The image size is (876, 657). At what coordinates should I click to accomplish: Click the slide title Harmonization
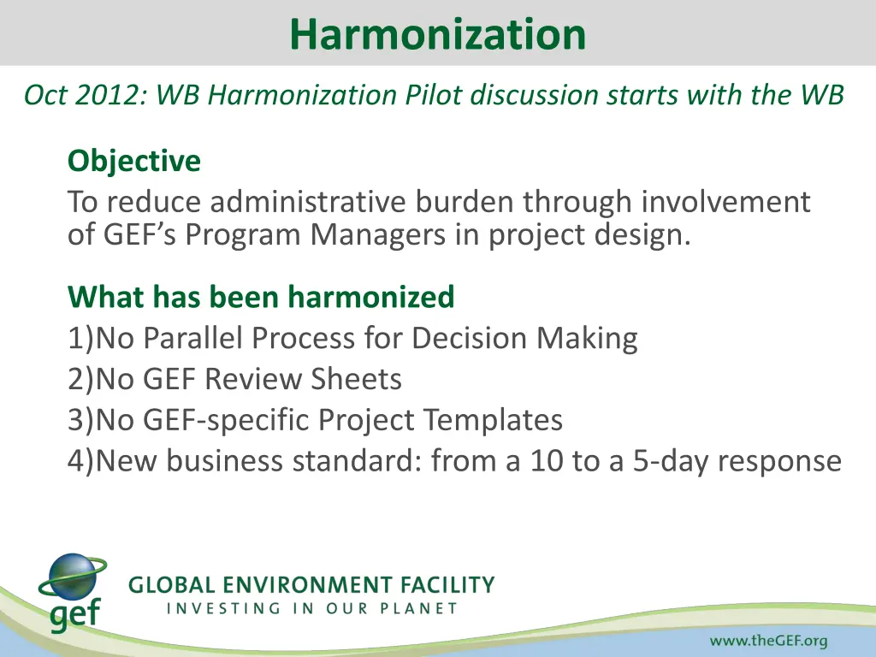(437, 34)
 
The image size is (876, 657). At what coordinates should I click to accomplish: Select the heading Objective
(134, 161)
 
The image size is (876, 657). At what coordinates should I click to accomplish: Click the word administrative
(311, 203)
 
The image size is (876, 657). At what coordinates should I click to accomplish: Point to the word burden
(466, 203)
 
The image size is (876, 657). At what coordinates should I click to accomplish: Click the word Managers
(372, 234)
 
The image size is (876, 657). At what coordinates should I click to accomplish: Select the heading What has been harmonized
(261, 297)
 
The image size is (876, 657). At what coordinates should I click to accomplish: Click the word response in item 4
(779, 461)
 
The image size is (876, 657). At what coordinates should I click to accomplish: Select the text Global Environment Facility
(311, 586)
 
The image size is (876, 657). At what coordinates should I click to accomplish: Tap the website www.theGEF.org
(767, 641)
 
